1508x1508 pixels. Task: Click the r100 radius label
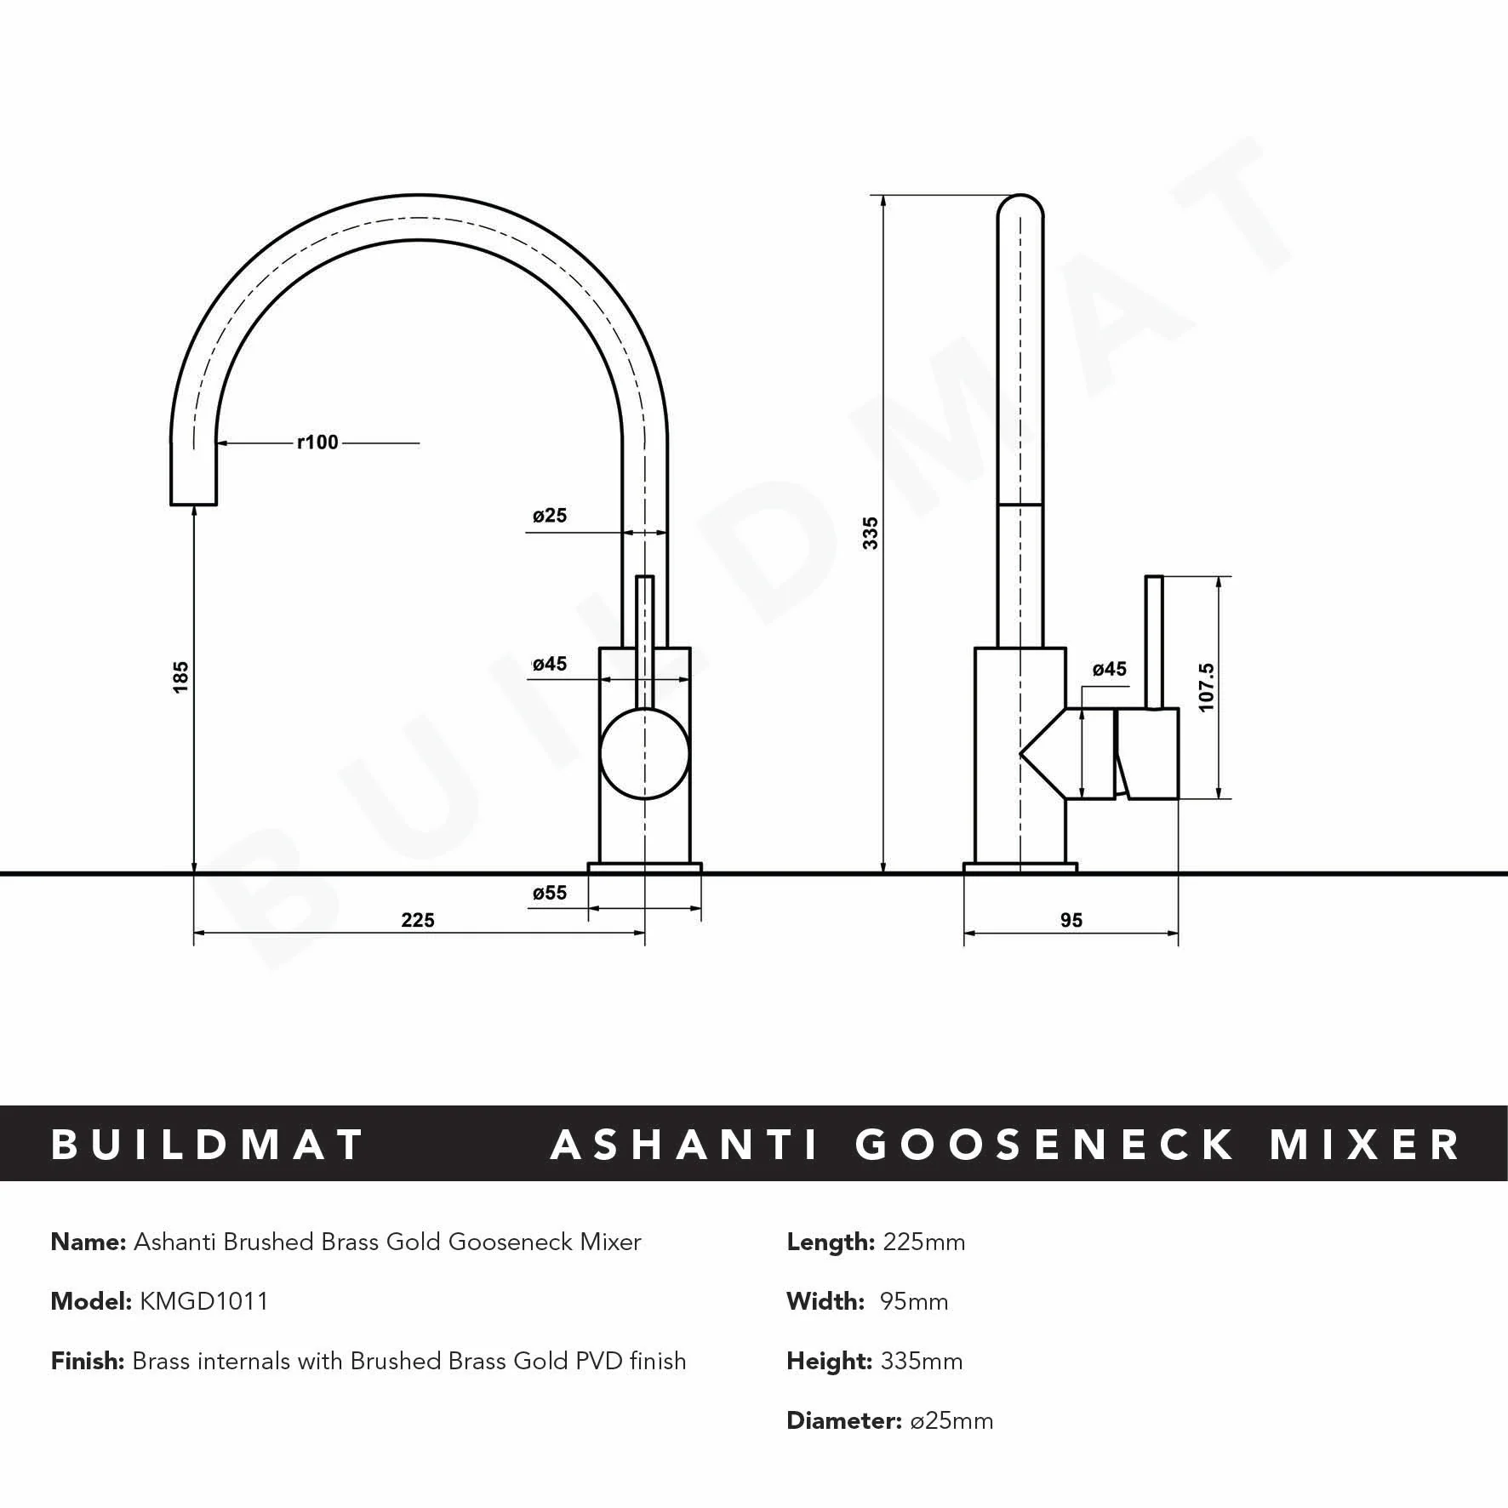317,443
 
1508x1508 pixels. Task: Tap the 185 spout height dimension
180,677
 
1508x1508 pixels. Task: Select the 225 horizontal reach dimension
418,920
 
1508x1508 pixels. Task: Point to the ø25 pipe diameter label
550,516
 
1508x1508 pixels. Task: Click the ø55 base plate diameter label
550,893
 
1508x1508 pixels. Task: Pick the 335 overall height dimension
870,533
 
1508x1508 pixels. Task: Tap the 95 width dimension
1071,920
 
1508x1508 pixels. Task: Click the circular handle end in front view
644,754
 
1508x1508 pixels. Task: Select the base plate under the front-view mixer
644,868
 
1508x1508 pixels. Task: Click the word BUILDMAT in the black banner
208,1145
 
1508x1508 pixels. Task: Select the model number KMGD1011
203,1301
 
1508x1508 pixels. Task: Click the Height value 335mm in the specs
923,1361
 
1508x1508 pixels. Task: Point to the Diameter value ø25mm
951,1420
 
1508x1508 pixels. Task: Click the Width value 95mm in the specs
914,1301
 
